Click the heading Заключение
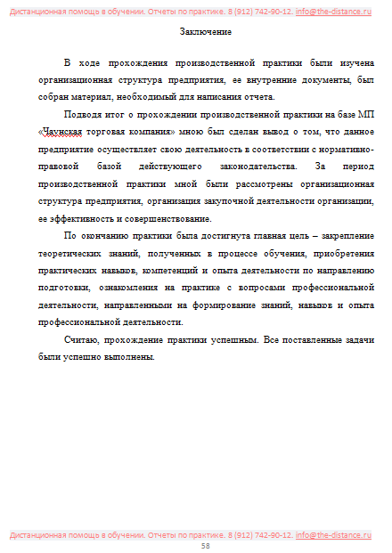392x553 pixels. pos(200,32)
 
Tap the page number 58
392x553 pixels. pos(206,546)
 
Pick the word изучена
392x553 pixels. pos(354,64)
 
